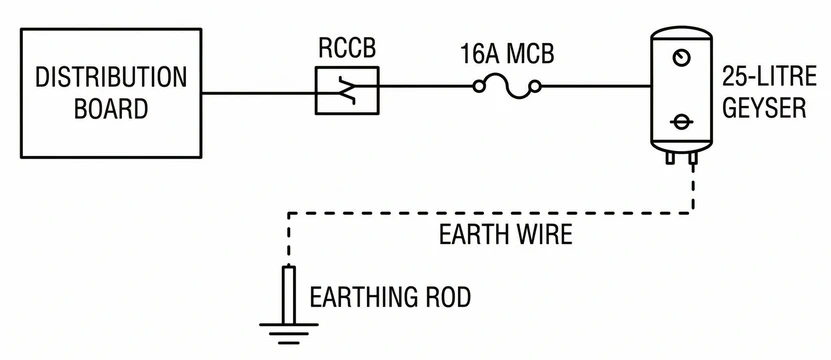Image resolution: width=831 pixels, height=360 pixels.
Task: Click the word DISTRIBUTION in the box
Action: (110, 77)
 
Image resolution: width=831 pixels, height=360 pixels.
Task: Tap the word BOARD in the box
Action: (110, 107)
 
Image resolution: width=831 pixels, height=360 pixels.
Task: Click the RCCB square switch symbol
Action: (346, 91)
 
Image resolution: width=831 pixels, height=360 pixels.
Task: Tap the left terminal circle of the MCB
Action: (479, 88)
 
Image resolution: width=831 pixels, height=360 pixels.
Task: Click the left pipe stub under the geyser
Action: (668, 158)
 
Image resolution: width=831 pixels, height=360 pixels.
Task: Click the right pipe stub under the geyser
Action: (692, 158)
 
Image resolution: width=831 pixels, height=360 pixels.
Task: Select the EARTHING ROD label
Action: (390, 297)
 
